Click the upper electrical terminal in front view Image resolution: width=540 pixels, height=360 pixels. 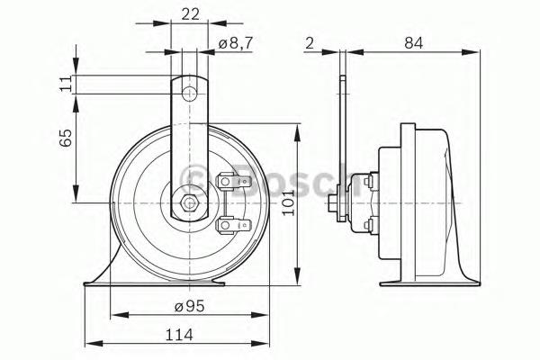point(228,184)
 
